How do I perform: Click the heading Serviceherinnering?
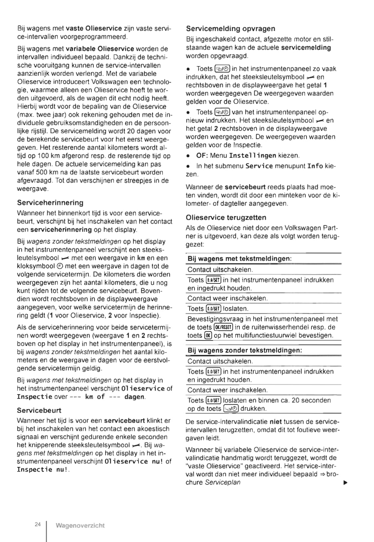50,203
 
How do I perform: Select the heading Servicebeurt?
39,410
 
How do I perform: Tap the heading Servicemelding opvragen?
230,29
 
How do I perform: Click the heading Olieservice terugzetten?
226,218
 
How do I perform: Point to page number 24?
38,524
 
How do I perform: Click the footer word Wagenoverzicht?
80,526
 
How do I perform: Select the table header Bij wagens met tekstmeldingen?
239,259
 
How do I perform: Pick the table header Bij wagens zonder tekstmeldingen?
245,351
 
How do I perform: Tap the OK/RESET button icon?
223,327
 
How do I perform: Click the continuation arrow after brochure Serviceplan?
345,482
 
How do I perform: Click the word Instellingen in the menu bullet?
252,155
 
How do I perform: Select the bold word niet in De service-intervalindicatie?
275,422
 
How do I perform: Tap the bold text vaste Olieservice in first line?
94,29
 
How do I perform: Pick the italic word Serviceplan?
223,482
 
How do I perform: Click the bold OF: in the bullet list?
202,155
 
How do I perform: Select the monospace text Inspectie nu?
43,470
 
